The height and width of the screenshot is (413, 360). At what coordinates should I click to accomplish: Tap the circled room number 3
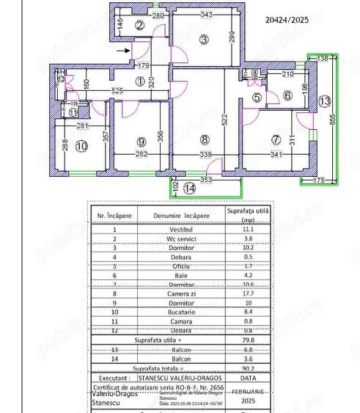pos(204,39)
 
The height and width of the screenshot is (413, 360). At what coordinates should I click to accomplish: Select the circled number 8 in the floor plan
pos(205,138)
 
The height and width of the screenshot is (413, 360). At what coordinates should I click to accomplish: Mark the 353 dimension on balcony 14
pos(206,179)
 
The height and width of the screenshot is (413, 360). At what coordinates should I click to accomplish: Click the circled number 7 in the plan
pos(276,138)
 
